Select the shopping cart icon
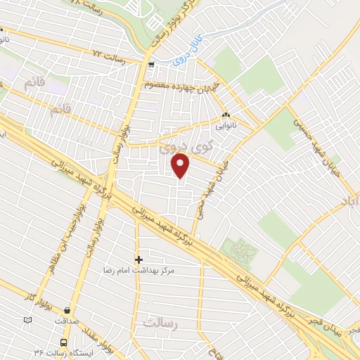(150, 62)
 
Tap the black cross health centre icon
(139, 259)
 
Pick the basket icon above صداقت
(67, 309)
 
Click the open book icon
(27, 320)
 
